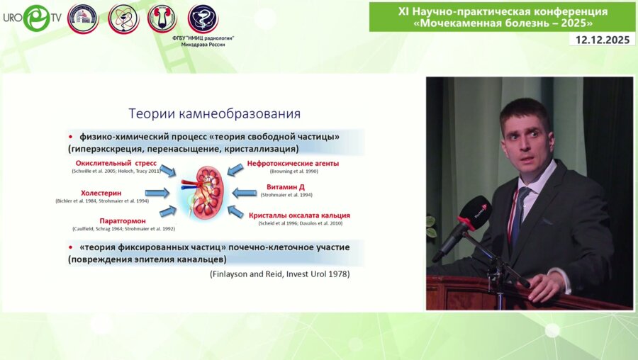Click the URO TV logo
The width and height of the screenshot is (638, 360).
31,18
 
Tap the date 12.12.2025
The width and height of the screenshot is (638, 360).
602,40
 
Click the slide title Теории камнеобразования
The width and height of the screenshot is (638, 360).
214,113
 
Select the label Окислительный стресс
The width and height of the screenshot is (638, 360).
116,163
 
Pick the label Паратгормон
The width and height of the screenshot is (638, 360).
123,220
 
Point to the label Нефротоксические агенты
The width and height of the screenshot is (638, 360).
293,163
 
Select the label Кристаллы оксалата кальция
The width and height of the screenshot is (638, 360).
299,215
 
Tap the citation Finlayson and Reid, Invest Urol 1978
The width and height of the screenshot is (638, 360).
279,274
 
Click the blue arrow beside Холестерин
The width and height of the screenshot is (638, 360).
157,193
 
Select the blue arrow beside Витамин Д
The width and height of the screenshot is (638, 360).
245,191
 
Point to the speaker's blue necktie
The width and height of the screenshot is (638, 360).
517,213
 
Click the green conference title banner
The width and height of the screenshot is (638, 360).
501,16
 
